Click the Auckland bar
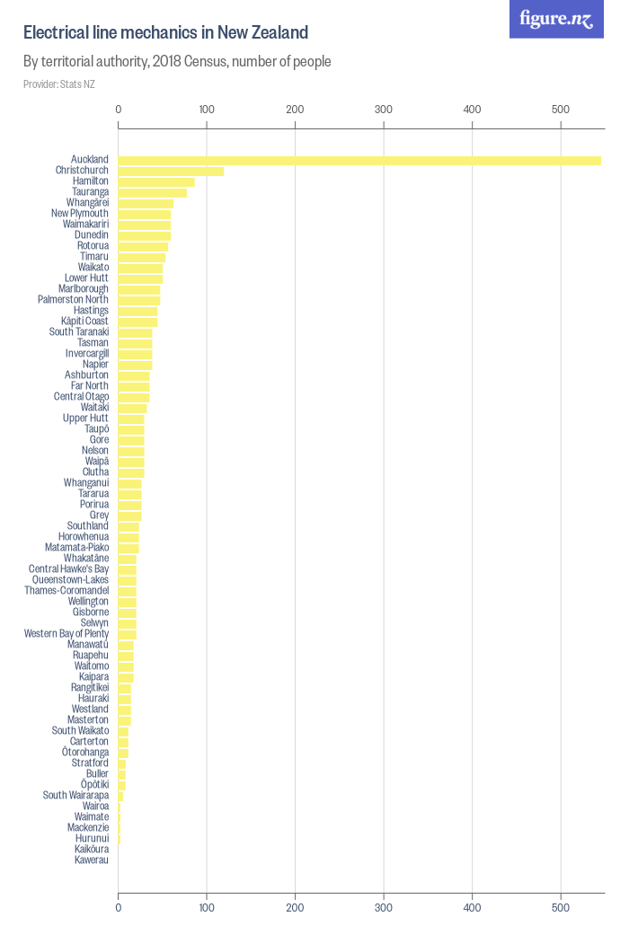(359, 160)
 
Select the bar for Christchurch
(171, 171)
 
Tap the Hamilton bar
(156, 181)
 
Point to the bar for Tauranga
(153, 192)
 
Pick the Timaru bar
(142, 257)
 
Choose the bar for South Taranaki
(135, 332)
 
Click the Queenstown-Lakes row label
(70, 580)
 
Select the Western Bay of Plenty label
(66, 634)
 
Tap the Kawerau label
(92, 860)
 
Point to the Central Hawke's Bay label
(68, 569)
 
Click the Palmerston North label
(73, 300)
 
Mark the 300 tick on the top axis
(384, 110)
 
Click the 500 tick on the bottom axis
(561, 908)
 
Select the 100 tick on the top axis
(207, 110)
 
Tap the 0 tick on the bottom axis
(119, 908)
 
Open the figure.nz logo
(556, 19)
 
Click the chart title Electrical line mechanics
(165, 33)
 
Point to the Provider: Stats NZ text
(59, 84)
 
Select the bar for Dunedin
(145, 235)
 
